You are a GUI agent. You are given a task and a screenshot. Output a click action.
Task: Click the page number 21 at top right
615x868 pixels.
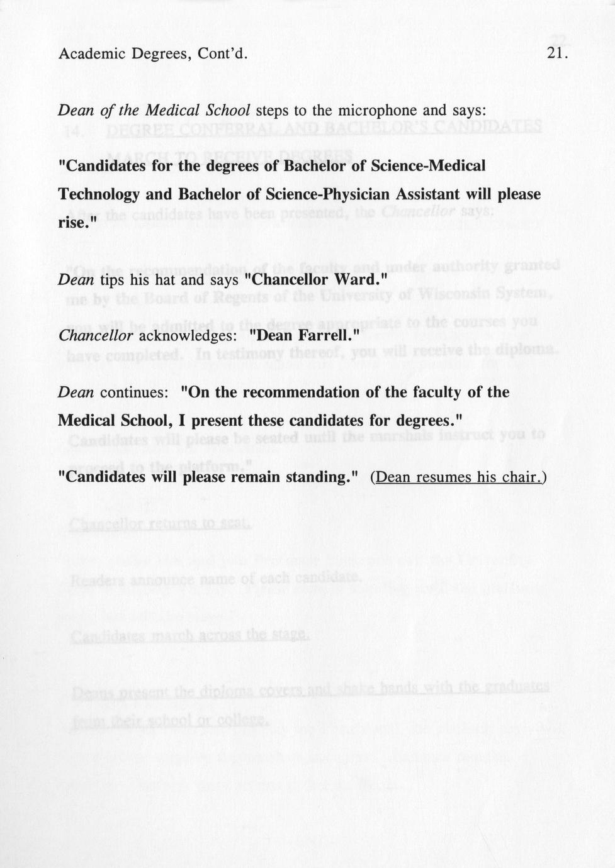click(x=558, y=53)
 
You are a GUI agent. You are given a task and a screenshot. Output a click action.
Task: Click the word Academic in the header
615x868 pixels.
click(x=92, y=53)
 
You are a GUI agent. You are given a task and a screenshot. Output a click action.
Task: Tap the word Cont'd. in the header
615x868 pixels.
click(x=223, y=53)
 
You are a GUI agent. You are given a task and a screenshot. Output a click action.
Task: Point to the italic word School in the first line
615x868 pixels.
click(x=228, y=111)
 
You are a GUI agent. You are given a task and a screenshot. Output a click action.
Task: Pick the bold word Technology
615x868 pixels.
click(x=98, y=194)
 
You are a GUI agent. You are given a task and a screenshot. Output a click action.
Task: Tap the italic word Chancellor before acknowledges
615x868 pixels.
click(x=96, y=336)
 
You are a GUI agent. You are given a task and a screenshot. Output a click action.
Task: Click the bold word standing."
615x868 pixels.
click(x=322, y=477)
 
